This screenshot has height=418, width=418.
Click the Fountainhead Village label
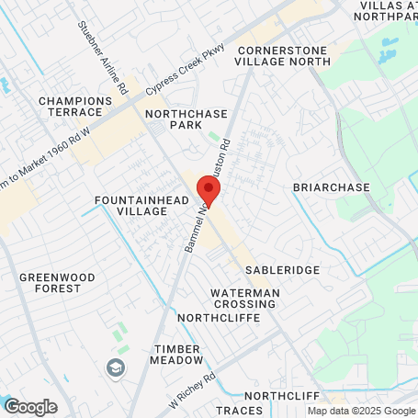tap(131, 205)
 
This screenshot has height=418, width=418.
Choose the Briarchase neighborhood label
tap(331, 187)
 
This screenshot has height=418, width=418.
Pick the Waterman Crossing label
tap(244, 299)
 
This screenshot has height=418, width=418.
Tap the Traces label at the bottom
tap(238, 411)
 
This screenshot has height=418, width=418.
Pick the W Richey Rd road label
tap(191, 390)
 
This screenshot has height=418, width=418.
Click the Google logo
tap(31, 406)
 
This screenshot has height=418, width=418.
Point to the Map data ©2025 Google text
tap(361, 412)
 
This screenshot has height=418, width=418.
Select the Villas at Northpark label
tap(384, 10)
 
